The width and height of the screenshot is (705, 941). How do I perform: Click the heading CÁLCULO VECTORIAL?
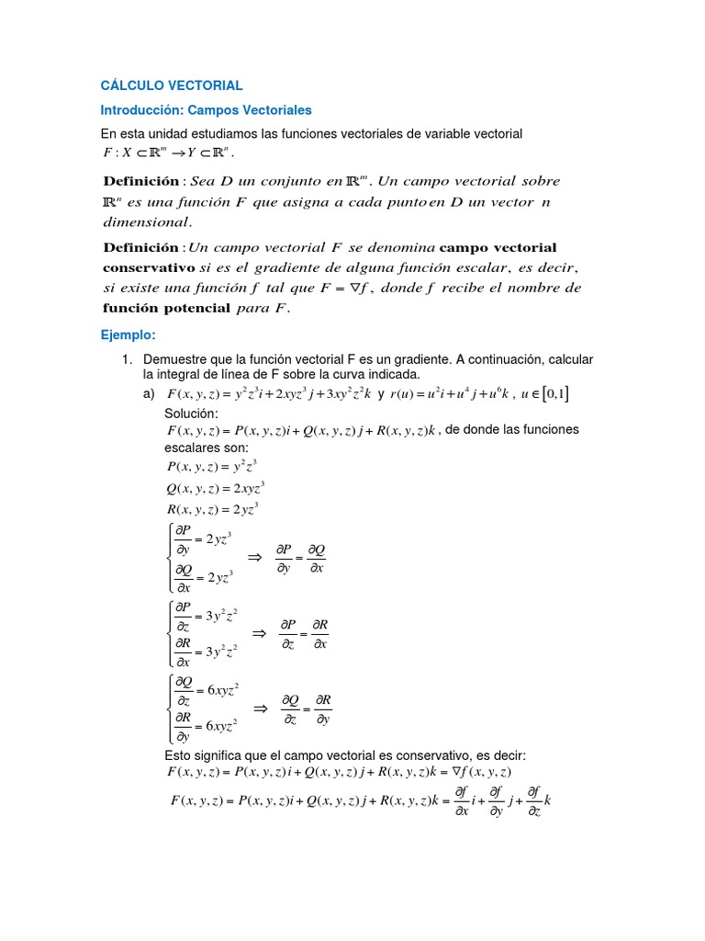click(172, 85)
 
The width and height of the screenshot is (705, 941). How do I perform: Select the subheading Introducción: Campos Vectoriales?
click(207, 110)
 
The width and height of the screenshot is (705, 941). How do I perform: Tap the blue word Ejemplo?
click(129, 334)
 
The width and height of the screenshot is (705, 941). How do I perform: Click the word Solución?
click(192, 414)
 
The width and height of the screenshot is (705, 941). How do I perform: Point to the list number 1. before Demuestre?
click(129, 358)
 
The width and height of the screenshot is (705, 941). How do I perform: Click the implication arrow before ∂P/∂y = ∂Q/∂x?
click(256, 557)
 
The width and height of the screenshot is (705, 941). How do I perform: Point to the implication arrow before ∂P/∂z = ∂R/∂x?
click(259, 632)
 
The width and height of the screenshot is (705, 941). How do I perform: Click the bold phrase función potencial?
click(166, 308)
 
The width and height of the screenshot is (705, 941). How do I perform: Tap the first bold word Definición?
click(141, 181)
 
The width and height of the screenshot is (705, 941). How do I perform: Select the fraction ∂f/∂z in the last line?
click(533, 799)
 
